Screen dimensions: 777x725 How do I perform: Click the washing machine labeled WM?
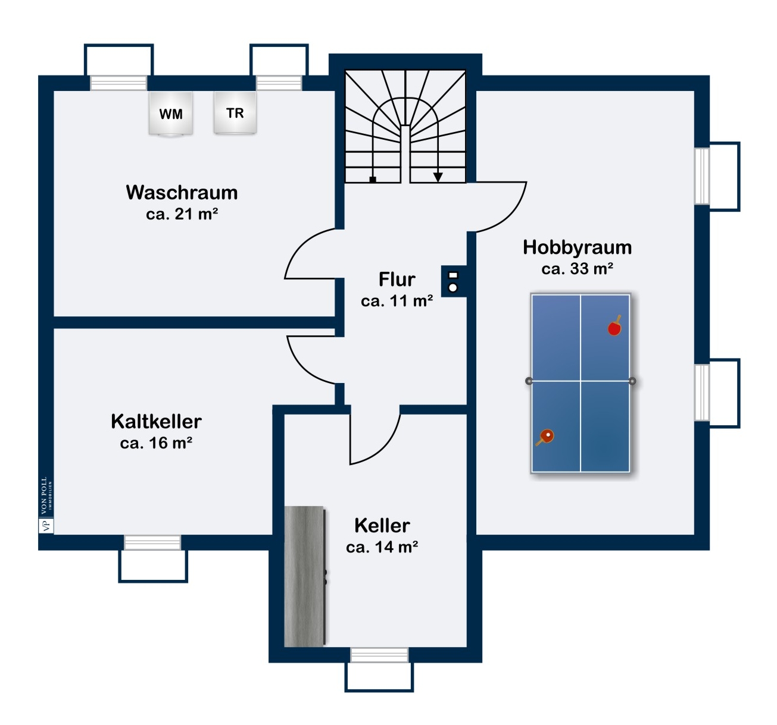coord(170,114)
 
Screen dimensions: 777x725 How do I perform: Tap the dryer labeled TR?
coord(235,112)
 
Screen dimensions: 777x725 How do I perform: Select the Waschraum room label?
coord(182,192)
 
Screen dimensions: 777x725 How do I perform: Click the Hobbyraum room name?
coord(578,247)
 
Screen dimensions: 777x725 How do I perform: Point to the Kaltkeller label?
coord(156,421)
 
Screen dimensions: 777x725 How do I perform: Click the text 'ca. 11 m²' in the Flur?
coord(397,301)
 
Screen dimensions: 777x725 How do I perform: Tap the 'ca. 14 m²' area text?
coord(382,547)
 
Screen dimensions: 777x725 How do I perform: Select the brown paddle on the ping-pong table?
coord(545,437)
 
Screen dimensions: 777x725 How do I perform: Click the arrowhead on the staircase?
coord(438,177)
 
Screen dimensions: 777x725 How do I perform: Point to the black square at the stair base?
coord(373,180)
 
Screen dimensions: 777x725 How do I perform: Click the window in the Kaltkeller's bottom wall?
coord(152,542)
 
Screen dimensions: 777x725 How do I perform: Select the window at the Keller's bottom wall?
coord(379,655)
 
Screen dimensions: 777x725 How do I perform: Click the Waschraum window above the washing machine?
coord(118,83)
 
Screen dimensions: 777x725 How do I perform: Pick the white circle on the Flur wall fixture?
coord(453,288)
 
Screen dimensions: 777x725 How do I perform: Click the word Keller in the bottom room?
coord(382,526)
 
